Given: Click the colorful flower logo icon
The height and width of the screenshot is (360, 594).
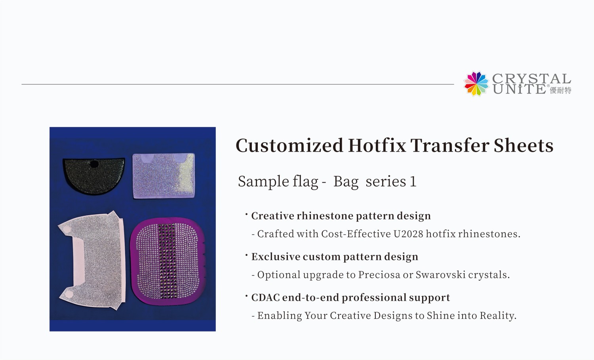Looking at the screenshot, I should pyautogui.click(x=476, y=84).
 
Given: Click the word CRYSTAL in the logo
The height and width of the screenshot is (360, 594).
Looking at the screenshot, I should pyautogui.click(x=531, y=78).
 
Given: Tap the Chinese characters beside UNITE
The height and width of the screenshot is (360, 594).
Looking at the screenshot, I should pyautogui.click(x=560, y=90).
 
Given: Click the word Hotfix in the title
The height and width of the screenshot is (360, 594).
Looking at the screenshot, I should pyautogui.click(x=377, y=145).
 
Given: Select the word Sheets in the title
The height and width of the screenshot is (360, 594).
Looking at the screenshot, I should pyautogui.click(x=524, y=145).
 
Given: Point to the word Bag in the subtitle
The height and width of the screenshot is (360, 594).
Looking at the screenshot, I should pyautogui.click(x=346, y=182).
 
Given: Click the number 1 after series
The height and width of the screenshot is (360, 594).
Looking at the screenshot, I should pyautogui.click(x=413, y=182).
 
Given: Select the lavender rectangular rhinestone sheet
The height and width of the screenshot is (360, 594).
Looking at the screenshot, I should pyautogui.click(x=164, y=175).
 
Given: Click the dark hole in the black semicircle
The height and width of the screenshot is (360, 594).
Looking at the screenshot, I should pyautogui.click(x=94, y=164).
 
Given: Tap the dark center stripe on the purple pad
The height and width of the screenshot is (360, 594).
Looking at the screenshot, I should pyautogui.click(x=167, y=261).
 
